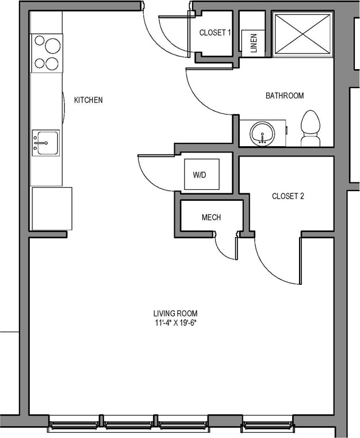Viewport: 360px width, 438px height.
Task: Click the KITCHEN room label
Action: (x=88, y=100)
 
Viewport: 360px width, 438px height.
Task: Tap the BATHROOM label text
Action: (x=284, y=96)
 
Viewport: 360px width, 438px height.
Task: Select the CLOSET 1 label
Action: (x=215, y=33)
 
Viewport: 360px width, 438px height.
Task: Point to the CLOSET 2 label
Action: (x=288, y=196)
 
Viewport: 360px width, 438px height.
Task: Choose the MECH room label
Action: (x=211, y=218)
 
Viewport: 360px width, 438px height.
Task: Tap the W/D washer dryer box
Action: (x=201, y=174)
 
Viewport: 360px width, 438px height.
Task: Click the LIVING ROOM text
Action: (x=179, y=313)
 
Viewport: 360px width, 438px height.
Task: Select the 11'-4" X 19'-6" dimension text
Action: (x=179, y=322)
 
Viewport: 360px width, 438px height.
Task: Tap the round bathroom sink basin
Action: (x=262, y=135)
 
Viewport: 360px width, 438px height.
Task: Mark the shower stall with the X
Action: (x=303, y=35)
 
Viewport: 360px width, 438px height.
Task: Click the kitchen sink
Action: (x=45, y=142)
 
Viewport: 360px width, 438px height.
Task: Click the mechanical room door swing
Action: (x=225, y=248)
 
